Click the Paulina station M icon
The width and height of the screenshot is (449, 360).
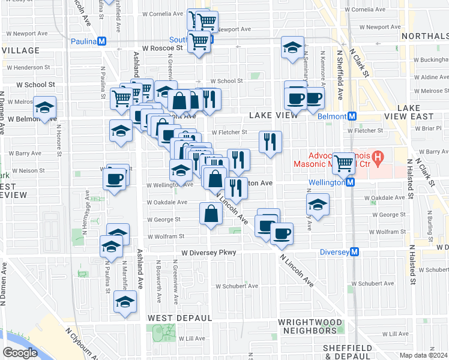click(x=101, y=41)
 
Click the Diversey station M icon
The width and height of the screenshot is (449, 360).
click(x=355, y=252)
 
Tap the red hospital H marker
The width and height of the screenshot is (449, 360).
click(x=378, y=159)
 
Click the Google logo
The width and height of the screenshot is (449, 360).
click(x=20, y=352)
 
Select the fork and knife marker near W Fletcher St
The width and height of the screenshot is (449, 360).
click(x=270, y=142)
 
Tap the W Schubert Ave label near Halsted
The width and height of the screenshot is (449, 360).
click(x=433, y=270)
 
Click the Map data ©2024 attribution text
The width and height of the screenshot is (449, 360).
click(x=423, y=355)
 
